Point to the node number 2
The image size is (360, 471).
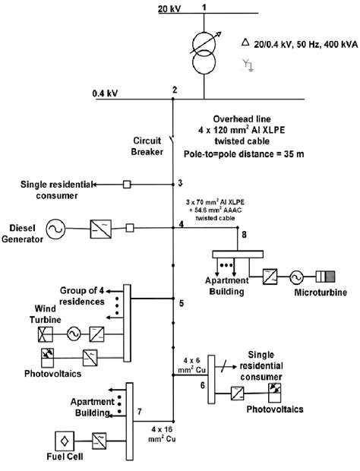(x=175, y=90)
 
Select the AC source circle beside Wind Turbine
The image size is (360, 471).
(x=74, y=332)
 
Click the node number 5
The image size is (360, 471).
(x=180, y=304)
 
